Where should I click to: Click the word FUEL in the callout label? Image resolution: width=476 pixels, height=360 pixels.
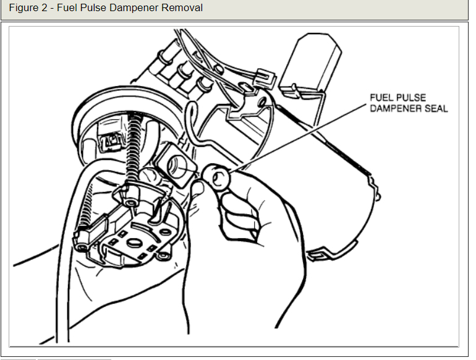click(381, 98)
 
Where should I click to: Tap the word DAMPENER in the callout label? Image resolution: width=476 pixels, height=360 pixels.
click(394, 108)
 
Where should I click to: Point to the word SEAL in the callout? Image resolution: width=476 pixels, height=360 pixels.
click(435, 108)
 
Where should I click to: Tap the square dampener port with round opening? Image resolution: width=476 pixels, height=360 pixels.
click(175, 166)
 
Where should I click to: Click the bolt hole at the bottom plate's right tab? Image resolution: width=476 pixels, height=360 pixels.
click(164, 254)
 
